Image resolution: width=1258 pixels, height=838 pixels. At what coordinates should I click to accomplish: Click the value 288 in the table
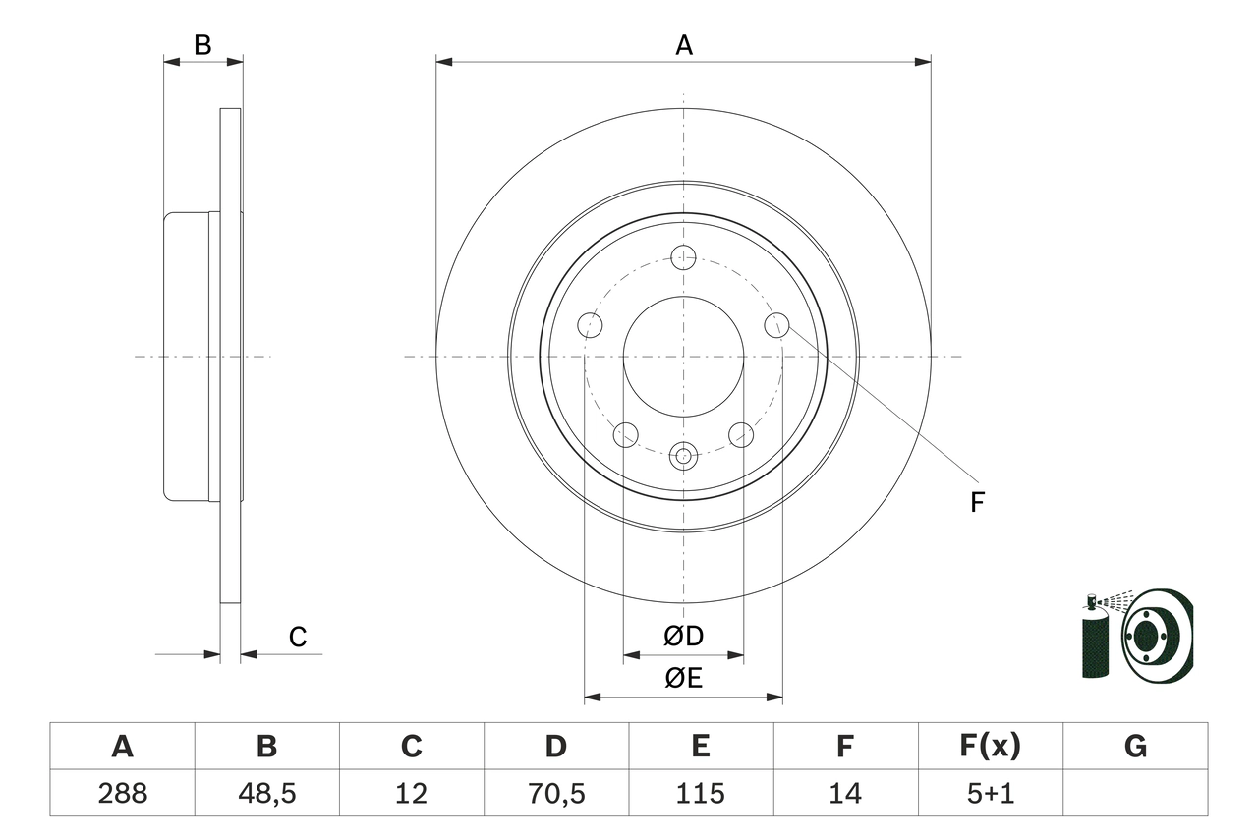(122, 793)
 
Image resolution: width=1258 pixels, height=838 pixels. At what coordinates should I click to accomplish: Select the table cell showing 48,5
(266, 793)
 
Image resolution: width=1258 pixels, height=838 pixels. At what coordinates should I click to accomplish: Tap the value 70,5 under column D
(555, 793)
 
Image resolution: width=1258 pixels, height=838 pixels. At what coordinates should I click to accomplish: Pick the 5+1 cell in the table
(990, 793)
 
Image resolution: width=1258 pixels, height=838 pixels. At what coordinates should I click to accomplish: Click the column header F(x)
(990, 747)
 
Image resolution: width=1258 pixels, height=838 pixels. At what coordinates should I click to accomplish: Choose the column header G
(1135, 747)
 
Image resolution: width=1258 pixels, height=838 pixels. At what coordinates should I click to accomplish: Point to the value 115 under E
(700, 793)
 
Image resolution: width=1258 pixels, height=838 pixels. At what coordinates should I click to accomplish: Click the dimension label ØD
(684, 637)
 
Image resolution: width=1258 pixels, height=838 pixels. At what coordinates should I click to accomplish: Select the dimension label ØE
(684, 678)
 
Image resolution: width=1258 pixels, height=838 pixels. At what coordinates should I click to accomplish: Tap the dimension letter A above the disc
(684, 45)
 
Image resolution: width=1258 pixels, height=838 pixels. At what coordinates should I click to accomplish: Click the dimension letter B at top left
(202, 45)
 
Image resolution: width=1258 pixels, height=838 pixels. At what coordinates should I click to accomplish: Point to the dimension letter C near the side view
(298, 638)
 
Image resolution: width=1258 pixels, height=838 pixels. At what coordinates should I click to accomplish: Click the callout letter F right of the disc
(977, 503)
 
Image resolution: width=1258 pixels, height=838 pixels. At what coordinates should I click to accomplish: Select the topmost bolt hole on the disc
(683, 257)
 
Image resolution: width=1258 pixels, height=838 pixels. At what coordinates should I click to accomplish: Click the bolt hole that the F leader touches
(776, 325)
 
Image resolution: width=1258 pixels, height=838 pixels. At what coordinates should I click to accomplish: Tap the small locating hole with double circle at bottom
(683, 455)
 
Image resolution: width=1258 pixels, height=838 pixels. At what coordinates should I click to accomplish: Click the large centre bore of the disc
(683, 356)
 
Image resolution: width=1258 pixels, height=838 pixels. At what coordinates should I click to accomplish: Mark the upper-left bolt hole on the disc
(590, 325)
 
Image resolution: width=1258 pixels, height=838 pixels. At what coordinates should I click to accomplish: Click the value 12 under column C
(411, 793)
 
